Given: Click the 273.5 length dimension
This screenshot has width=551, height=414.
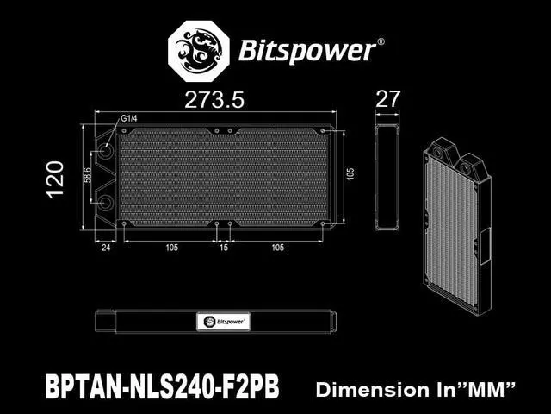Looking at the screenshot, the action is coord(214,100).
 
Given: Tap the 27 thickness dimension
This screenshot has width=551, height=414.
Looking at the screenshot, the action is coord(388,99).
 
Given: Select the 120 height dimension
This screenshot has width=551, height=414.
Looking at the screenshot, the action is coord(56,179).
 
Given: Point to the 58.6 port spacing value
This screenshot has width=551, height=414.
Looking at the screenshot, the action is coord(87,175).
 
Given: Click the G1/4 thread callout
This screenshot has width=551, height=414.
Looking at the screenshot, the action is coord(129,118).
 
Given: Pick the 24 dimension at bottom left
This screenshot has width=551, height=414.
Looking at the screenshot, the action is coord(106,248).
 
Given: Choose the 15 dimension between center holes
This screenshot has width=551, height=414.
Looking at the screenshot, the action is coord(224,248).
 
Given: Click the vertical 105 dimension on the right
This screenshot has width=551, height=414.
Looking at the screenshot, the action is coord(350,173).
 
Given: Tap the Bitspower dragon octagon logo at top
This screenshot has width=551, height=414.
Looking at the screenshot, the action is coord(199,51).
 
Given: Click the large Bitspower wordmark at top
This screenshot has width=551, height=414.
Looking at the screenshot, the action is coord(307,51).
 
